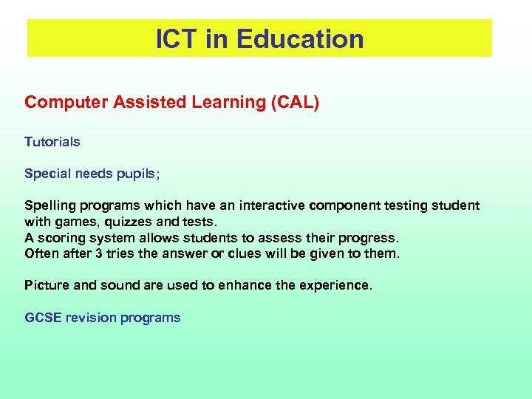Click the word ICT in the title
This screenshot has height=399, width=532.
pyautogui.click(x=177, y=39)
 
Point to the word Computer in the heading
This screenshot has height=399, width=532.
pyautogui.click(x=66, y=102)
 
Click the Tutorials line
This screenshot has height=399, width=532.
pyautogui.click(x=52, y=141)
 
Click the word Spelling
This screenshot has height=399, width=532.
pyautogui.click(x=50, y=205)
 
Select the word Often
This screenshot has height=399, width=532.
pyautogui.click(x=41, y=253)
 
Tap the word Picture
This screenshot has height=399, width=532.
pyautogui.click(x=47, y=284)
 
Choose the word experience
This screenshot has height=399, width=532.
pyautogui.click(x=336, y=285)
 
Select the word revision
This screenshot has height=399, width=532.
pyautogui.click(x=91, y=318)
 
